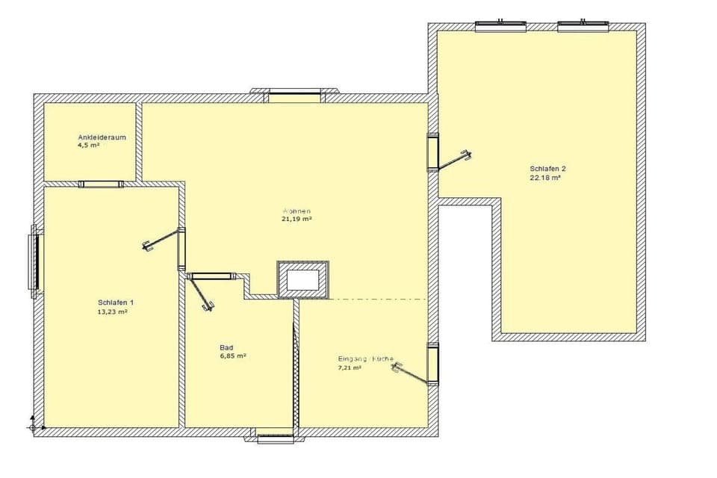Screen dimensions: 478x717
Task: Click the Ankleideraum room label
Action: coord(102,137)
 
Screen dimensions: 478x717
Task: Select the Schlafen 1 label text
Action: coord(116,302)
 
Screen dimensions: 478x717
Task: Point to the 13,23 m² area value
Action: coord(112,311)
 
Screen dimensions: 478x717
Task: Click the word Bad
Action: coord(226,348)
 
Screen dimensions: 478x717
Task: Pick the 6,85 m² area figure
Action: coord(233,356)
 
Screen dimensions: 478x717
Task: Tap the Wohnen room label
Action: coord(297,211)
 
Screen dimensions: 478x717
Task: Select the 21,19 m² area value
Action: coord(297,220)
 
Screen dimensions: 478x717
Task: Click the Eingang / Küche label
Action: coord(366,359)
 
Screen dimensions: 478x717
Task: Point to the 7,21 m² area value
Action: coord(350,368)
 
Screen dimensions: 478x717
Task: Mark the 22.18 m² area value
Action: coord(545,178)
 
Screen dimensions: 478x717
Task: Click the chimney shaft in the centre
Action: coord(302,280)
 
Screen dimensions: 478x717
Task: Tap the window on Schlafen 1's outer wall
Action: coord(34,261)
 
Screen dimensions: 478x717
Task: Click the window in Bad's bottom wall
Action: coord(276,436)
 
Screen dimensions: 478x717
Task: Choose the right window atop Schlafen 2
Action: coord(583,26)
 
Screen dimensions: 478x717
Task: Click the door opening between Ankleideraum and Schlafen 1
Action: coord(101,184)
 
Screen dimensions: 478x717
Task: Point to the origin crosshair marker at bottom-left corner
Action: coord(32,427)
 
